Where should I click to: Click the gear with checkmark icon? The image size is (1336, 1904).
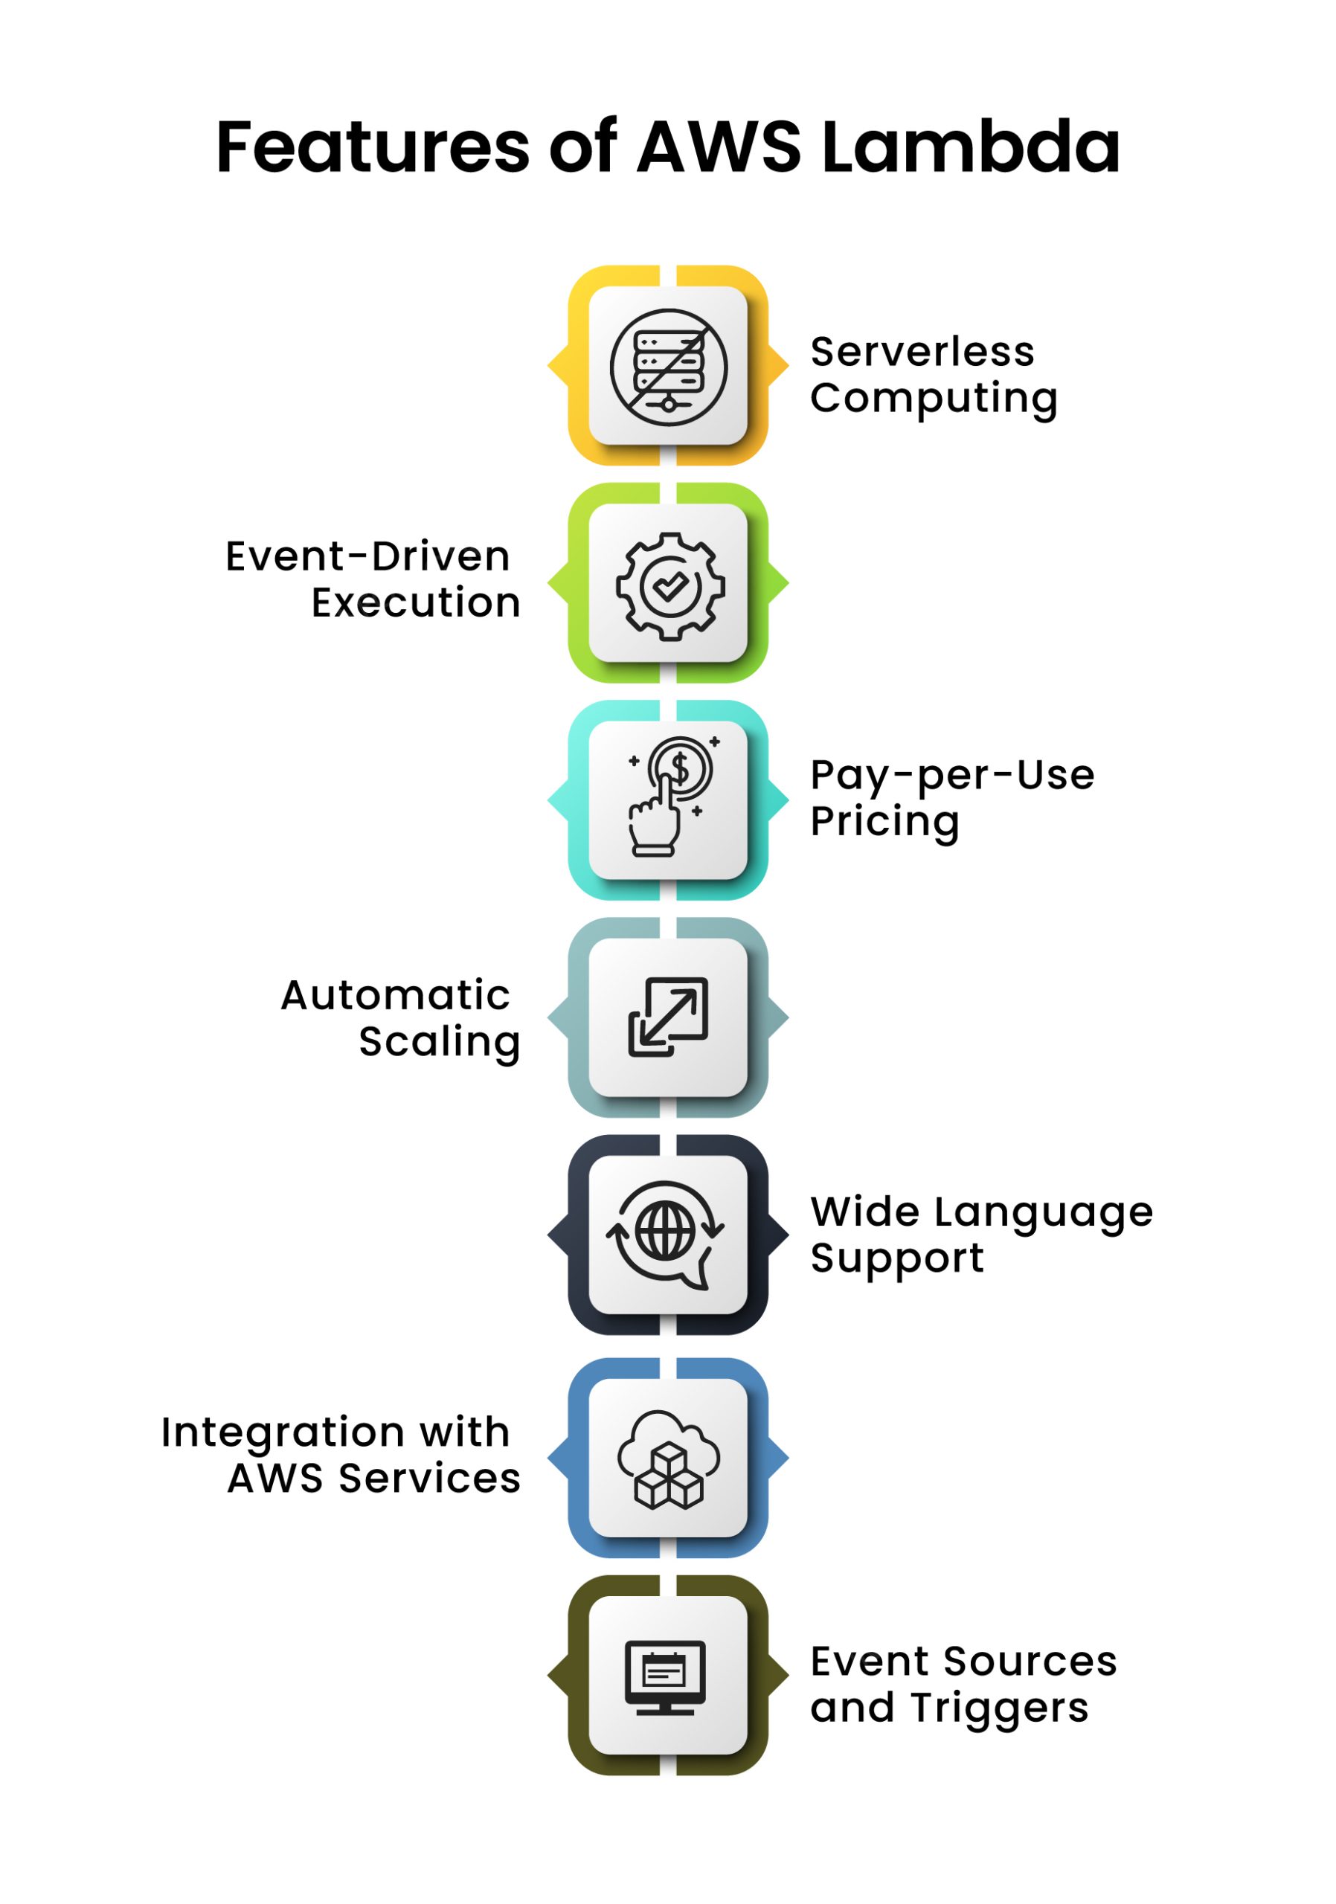pos(669,585)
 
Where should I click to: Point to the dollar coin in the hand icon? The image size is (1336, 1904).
pos(680,768)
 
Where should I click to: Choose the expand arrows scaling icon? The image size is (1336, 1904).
pos(667,1017)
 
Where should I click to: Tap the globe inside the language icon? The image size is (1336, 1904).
pos(664,1231)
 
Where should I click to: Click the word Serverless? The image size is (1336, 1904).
pos(922,352)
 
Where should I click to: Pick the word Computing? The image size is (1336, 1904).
pos(934,399)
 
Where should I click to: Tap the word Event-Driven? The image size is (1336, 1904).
pos(367,556)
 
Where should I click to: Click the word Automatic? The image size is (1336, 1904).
pos(396,995)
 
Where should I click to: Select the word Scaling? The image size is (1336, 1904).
pos(439,1043)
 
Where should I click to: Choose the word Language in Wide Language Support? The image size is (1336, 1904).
pos(1043,1213)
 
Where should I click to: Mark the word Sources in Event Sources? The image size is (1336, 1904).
pos(1030,1661)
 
